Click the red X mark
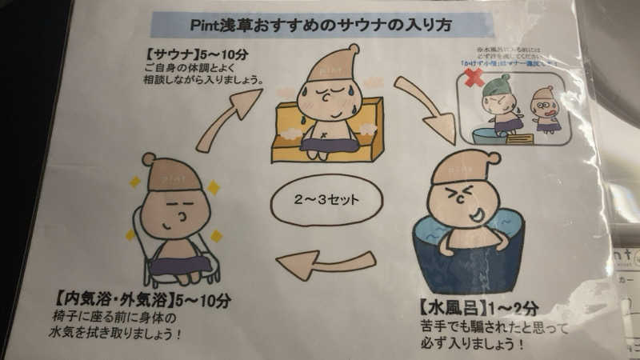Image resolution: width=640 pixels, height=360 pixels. point(474,78)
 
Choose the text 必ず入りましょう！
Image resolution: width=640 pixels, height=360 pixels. point(472,345)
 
